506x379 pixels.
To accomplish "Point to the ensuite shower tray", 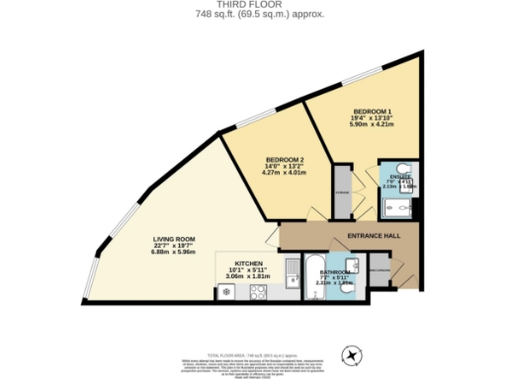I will [395, 207].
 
